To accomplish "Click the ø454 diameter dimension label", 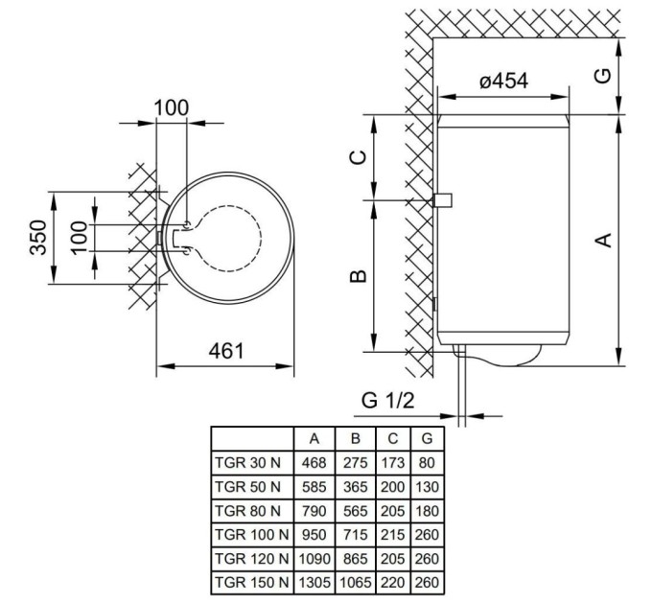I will (503, 82).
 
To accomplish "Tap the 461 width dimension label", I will (227, 350).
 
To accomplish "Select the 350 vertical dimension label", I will (37, 238).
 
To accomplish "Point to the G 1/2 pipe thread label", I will (387, 401).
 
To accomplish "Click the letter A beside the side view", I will (604, 240).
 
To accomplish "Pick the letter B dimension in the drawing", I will (358, 276).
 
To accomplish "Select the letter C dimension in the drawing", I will (358, 158).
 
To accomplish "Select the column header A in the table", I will (314, 438).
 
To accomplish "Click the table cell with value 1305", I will (314, 581).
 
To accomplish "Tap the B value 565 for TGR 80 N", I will (357, 509).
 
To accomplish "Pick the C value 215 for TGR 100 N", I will (393, 533).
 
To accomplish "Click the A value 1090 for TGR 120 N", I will (314, 557).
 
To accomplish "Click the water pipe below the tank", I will (463, 383).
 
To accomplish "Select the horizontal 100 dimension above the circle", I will (172, 107).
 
